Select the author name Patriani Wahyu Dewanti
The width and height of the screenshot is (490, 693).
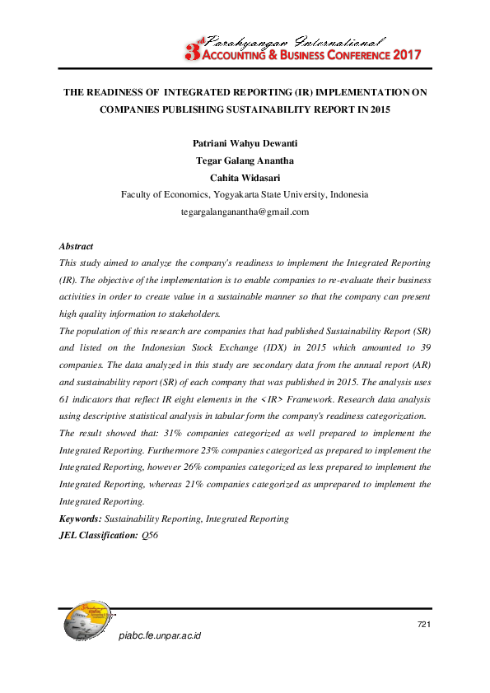click(x=245, y=143)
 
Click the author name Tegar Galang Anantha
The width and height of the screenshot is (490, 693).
click(x=245, y=160)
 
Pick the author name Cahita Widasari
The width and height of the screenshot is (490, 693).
click(x=245, y=178)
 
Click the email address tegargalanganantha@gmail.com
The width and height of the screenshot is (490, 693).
click(x=245, y=212)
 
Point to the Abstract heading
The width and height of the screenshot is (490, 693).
click(x=77, y=246)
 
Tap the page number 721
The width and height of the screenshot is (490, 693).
click(x=424, y=625)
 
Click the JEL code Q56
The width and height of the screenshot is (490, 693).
click(x=150, y=535)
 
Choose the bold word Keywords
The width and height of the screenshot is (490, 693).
click(x=81, y=519)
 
